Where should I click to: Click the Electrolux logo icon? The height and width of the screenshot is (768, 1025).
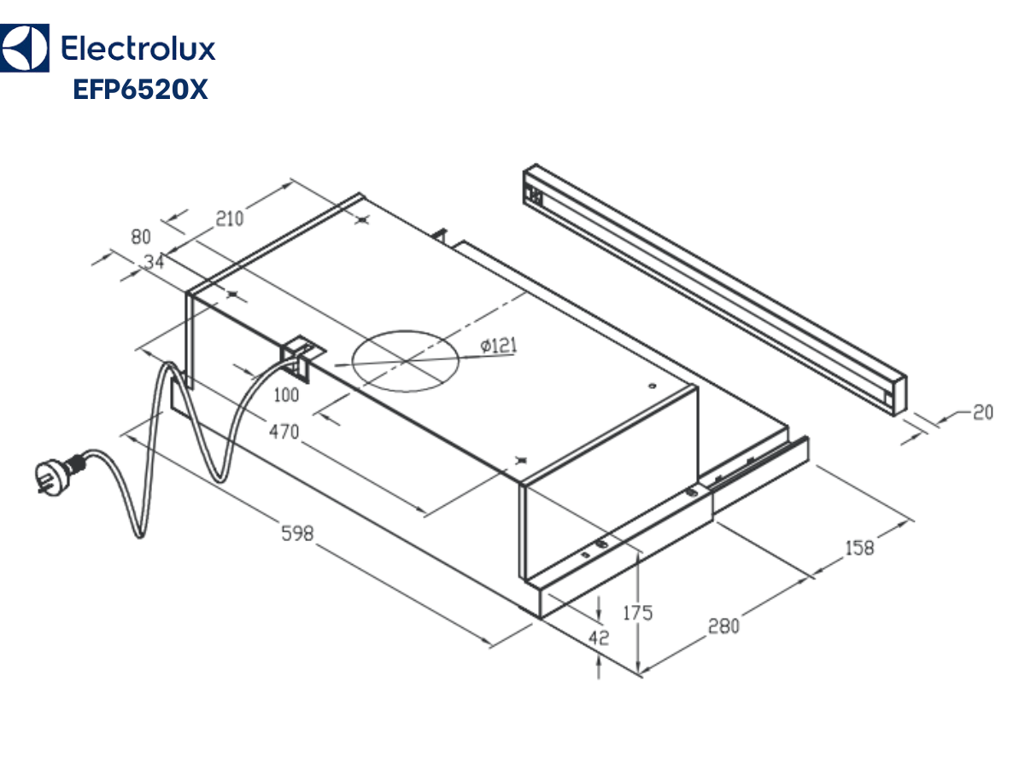pyautogui.click(x=23, y=48)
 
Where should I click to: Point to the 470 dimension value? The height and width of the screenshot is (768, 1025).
pyautogui.click(x=284, y=433)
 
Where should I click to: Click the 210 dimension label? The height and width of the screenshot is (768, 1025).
pyautogui.click(x=229, y=218)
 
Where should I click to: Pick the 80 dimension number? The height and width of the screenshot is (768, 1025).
pyautogui.click(x=141, y=237)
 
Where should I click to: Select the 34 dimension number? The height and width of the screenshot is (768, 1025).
pyautogui.click(x=154, y=263)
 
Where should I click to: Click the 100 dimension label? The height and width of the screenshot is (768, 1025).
pyautogui.click(x=287, y=395)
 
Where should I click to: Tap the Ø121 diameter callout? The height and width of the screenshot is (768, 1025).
pyautogui.click(x=499, y=346)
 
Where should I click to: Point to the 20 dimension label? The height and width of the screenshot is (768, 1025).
pyautogui.click(x=983, y=413)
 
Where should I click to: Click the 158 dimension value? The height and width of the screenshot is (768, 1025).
pyautogui.click(x=859, y=548)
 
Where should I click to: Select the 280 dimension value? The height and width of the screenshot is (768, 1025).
pyautogui.click(x=723, y=626)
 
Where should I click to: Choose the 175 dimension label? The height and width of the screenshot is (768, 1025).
pyautogui.click(x=637, y=613)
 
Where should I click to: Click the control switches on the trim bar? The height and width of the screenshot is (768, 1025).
pyautogui.click(x=535, y=195)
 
